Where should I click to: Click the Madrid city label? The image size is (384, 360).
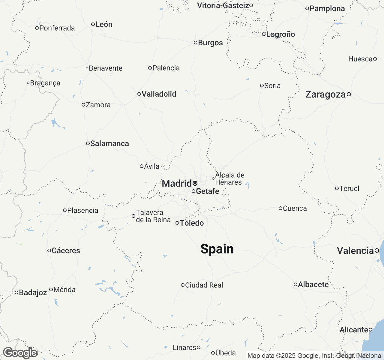pos(177,183)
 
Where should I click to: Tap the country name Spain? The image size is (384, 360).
pos(217,249)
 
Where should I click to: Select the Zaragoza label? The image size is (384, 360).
pos(325,94)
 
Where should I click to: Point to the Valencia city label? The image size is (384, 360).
pos(355,250)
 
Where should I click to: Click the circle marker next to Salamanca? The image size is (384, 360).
pos(88,143)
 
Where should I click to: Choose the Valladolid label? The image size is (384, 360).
pos(159,94)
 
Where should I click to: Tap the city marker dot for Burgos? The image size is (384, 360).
pos(195,43)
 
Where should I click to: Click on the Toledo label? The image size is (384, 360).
pos(192,223)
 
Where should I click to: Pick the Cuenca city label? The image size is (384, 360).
pos(295,208)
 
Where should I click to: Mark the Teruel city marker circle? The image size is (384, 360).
pos(337,188)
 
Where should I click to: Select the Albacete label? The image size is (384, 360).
pos(313,284)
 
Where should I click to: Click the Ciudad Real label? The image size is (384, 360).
pos(204,285)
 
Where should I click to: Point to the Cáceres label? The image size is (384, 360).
pos(66,250)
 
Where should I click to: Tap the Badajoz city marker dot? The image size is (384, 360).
pos(16,292)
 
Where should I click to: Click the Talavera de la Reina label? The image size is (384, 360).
pos(153,216)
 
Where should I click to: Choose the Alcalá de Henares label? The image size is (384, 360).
pos(229,178)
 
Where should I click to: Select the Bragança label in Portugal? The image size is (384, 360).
pos(45,83)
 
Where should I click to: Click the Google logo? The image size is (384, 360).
pos(20,353)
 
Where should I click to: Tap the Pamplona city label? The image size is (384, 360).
pos(327,8)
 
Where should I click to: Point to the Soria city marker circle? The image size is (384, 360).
pos(262,85)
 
